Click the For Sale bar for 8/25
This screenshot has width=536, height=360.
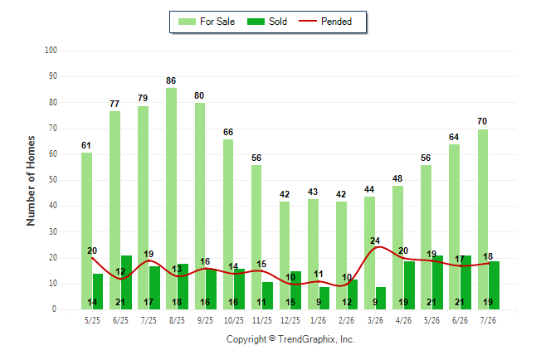coord(171,198)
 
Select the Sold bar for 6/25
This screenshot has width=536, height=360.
coord(126,282)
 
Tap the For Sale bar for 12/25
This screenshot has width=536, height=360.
coord(285,255)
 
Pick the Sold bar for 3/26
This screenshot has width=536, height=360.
coord(381,298)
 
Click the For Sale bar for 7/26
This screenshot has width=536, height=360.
coord(483,220)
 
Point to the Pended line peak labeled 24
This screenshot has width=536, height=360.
coord(379,247)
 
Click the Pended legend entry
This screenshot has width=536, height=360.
coord(325,22)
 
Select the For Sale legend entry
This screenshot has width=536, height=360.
coord(207,22)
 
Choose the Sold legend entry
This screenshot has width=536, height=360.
coord(267,22)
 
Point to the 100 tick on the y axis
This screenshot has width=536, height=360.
coord(51,51)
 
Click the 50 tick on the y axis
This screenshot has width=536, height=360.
coord(52,180)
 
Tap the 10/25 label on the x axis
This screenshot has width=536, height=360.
coord(234,320)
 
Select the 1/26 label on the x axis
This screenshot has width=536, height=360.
coord(319,320)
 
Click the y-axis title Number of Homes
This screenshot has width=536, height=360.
coord(31,181)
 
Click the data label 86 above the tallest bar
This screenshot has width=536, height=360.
coord(171,80)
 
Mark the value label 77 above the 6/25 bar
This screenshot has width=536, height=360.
coord(115,104)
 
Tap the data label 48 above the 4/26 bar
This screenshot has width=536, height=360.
coord(397,178)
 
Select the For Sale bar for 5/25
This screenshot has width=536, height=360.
coord(86,231)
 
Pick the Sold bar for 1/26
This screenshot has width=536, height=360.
coord(324,298)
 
